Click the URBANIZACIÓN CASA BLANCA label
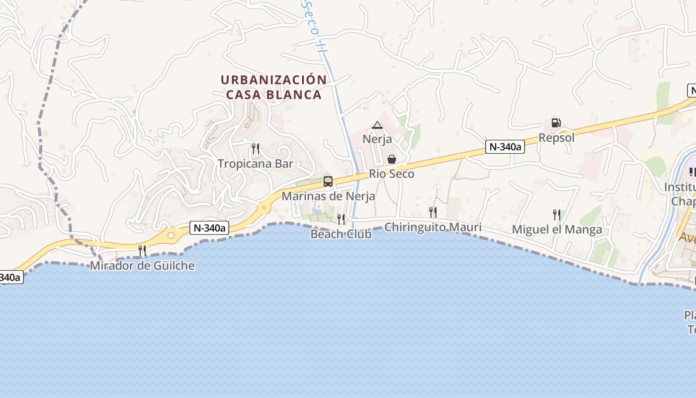coord(274,87)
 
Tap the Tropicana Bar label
coord(255,164)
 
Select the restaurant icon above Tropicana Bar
coord(255,148)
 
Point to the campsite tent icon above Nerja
coord(377,125)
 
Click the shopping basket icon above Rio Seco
coord(392,159)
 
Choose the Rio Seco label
coord(391,174)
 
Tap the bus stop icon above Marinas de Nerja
coord(328,181)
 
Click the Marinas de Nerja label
coord(328,196)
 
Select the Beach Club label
coord(341,234)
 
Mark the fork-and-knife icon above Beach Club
coord(341,219)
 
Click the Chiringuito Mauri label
coord(433,227)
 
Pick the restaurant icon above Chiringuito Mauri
coord(433,212)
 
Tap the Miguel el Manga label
coord(557,229)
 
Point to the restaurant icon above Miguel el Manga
coord(557,214)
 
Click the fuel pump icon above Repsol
coord(556,122)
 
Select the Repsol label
coord(556,138)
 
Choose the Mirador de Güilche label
coord(142,266)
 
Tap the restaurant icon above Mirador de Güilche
coord(142,250)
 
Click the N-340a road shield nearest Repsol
coord(505,146)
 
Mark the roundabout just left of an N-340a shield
coord(172,234)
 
